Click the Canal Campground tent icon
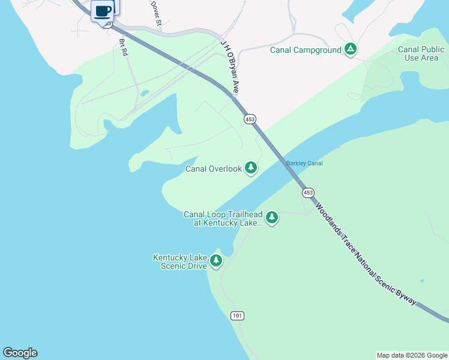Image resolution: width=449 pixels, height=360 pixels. (351, 49)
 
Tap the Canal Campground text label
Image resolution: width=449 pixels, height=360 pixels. (306, 50)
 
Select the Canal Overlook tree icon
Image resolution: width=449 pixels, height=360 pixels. (251, 168)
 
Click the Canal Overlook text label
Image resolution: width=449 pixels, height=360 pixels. (213, 169)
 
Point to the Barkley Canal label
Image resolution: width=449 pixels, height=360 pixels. (304, 163)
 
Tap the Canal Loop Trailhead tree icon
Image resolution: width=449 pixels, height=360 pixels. (272, 217)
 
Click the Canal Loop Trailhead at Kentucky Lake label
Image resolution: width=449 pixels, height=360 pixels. (223, 218)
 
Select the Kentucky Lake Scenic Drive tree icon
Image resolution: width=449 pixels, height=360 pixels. (216, 260)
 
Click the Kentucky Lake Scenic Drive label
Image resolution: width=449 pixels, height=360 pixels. (180, 262)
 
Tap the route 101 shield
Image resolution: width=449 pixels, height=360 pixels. (237, 316)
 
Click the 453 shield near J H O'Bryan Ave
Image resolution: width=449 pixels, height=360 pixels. (250, 119)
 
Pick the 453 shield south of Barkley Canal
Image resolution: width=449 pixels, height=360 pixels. (308, 193)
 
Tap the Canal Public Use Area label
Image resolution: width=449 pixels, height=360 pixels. (421, 53)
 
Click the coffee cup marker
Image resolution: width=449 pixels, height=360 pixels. (103, 11)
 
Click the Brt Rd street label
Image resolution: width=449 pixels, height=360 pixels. (124, 47)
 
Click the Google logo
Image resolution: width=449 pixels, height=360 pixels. (20, 353)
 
